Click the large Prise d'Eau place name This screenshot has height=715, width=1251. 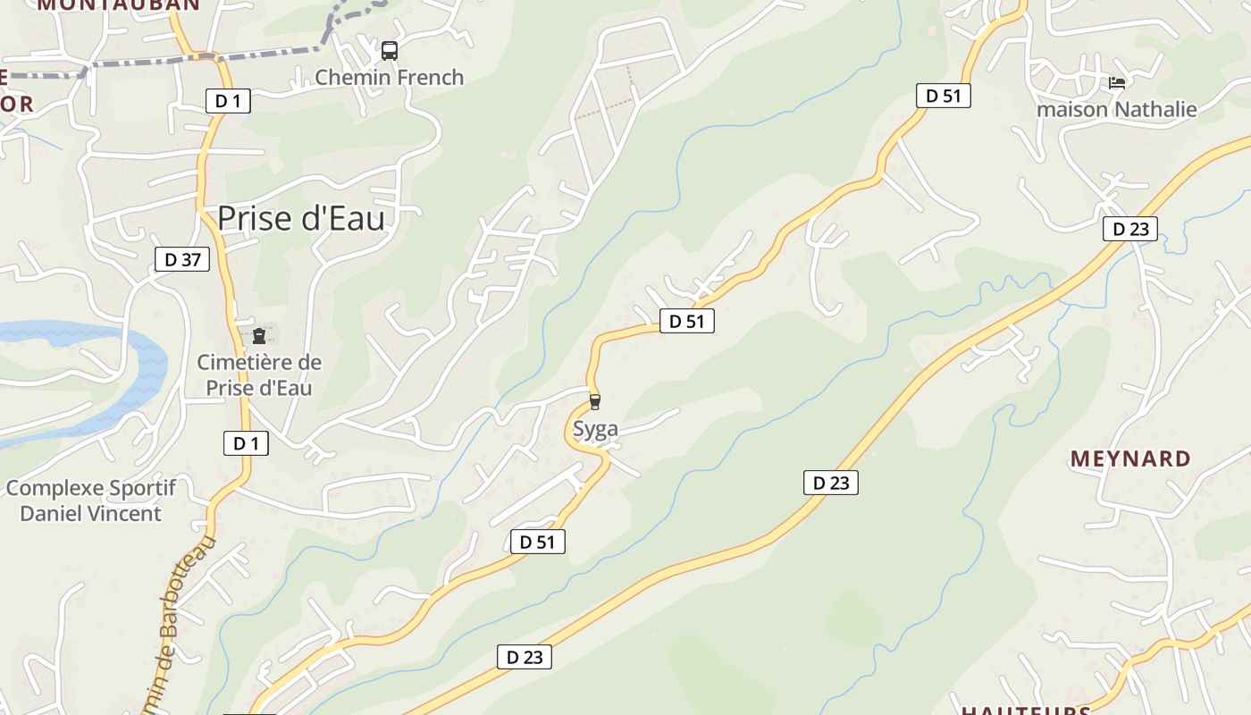(301, 218)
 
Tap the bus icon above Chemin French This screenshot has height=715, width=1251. (389, 51)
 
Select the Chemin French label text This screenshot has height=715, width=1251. (389, 78)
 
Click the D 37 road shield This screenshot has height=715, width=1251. (182, 260)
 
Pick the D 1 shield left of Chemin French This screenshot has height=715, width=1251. (228, 101)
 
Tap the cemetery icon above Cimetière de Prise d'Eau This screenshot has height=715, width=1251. (259, 336)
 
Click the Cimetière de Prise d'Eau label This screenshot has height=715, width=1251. (259, 375)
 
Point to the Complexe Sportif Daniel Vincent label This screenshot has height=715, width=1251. (90, 500)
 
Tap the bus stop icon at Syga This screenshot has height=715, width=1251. (595, 402)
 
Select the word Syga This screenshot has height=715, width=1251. (595, 430)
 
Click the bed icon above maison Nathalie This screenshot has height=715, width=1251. (1116, 83)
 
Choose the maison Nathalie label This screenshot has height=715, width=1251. (1116, 110)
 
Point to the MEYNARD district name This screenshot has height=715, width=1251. (1130, 458)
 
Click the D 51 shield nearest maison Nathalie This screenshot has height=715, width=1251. (943, 96)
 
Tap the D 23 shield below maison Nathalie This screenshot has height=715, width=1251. (1129, 229)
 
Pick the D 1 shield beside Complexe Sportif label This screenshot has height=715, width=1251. (246, 442)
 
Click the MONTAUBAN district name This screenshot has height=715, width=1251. (119, 4)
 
